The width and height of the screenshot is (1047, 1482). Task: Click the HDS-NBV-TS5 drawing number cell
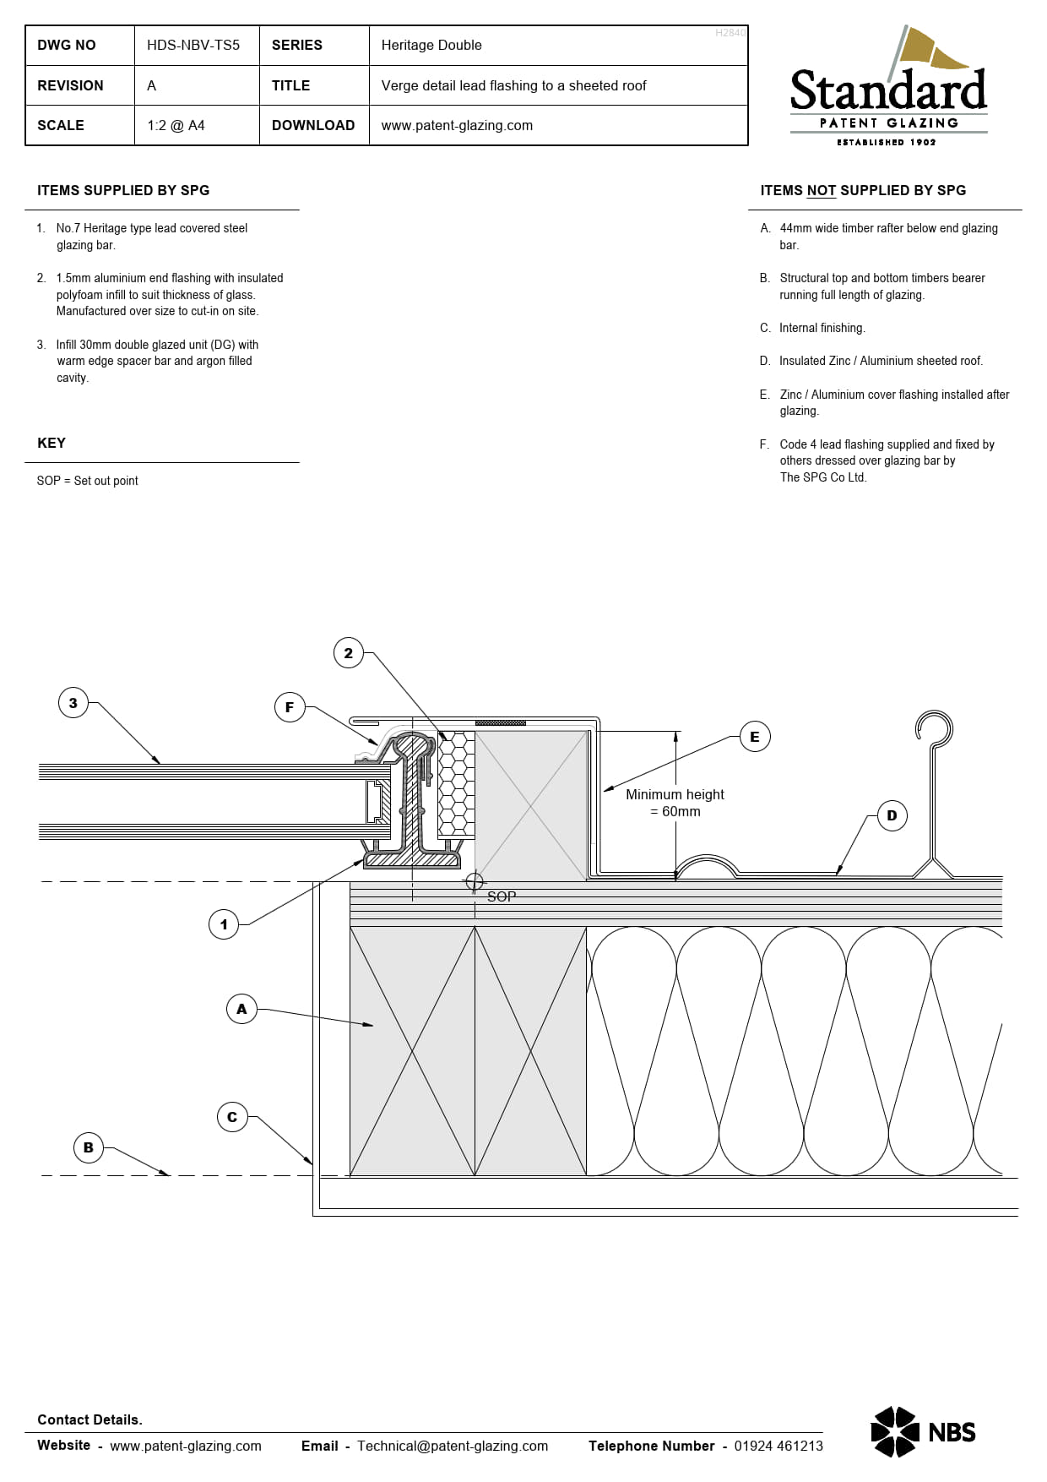tap(193, 45)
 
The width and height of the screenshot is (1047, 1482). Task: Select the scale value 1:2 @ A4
tap(176, 125)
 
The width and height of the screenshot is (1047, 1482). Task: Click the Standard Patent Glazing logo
tap(888, 85)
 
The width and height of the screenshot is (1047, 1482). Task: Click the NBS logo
tap(923, 1431)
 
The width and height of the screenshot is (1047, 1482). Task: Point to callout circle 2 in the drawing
tap(349, 653)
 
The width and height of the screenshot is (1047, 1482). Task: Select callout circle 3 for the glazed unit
tap(73, 703)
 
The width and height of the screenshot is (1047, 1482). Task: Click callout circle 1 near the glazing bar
tap(224, 924)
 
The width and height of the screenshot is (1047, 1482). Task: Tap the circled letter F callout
tap(290, 707)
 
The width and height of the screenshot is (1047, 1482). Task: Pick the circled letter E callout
tap(755, 737)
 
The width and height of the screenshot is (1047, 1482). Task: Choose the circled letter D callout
tap(892, 815)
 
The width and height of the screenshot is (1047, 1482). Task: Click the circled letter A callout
tap(241, 1009)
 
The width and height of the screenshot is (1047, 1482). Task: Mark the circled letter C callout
tap(232, 1117)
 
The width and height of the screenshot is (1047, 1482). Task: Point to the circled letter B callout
tap(89, 1147)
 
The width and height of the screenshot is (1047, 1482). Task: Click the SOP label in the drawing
tap(502, 896)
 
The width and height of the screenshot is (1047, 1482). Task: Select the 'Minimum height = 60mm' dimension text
tap(675, 803)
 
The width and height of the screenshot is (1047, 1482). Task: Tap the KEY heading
tap(52, 443)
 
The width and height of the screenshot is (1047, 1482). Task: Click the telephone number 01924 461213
tap(778, 1446)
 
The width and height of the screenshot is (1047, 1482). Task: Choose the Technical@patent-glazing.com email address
tap(453, 1446)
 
